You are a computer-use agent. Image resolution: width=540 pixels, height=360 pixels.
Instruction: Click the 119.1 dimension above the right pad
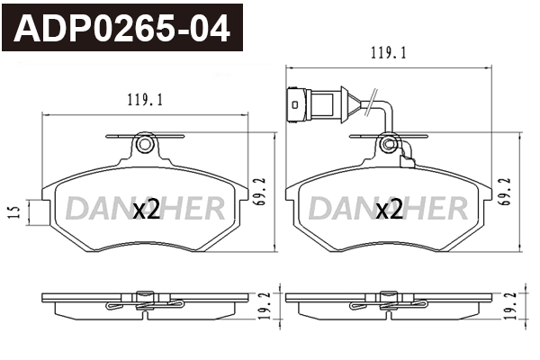click(x=389, y=53)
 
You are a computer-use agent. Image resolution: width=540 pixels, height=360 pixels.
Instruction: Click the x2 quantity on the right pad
click(x=388, y=211)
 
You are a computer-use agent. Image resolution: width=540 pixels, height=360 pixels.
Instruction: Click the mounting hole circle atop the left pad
click(x=144, y=145)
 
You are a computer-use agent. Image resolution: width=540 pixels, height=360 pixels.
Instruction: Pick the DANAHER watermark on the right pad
click(x=388, y=210)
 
